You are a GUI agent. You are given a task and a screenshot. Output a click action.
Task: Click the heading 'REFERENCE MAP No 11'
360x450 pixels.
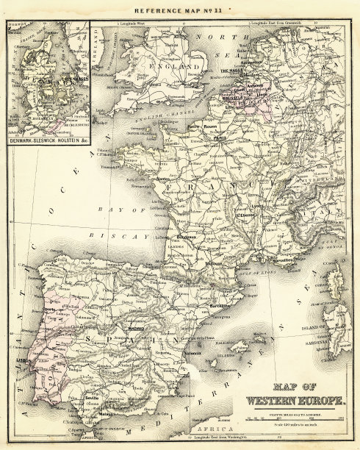[179, 11]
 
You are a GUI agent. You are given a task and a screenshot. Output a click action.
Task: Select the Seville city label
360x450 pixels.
[93, 398]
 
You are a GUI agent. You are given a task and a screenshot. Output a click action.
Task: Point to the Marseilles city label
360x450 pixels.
[283, 260]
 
